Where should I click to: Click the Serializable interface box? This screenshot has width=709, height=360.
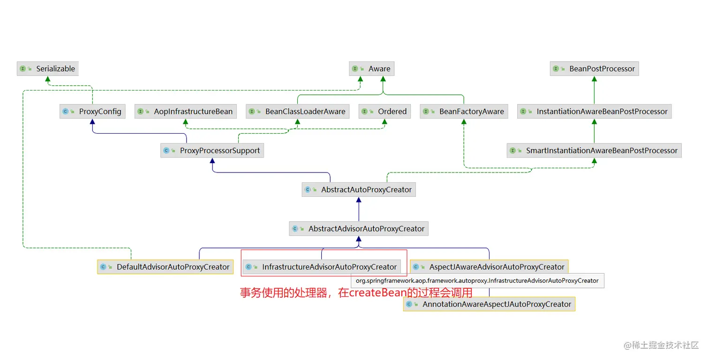click(x=47, y=69)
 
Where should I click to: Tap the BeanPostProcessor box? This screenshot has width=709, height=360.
click(x=594, y=69)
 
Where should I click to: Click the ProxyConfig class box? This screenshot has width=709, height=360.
click(x=92, y=112)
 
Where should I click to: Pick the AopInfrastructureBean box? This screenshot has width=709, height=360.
click(x=186, y=112)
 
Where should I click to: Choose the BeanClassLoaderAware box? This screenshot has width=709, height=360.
click(x=297, y=112)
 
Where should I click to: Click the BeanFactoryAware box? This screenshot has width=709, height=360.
click(x=464, y=112)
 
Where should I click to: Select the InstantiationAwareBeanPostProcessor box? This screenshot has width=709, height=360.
click(x=594, y=112)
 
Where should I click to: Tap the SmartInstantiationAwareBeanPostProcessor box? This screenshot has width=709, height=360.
click(x=594, y=151)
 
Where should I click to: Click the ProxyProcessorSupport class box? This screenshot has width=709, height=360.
click(x=212, y=151)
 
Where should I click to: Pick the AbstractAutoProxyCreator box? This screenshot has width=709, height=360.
click(x=359, y=190)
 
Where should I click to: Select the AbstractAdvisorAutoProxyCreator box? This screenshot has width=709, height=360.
click(x=359, y=229)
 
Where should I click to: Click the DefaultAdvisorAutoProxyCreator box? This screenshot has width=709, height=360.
click(x=166, y=267)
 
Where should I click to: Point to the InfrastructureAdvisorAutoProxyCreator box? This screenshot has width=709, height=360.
click(x=322, y=267)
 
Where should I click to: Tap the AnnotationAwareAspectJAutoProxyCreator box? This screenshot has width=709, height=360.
click(x=489, y=304)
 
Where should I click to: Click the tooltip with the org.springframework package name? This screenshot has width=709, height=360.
click(x=477, y=281)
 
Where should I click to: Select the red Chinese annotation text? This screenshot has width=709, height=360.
click(x=356, y=293)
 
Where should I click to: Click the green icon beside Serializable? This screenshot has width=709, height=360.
click(x=23, y=69)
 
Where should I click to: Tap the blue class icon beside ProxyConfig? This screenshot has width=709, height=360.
click(x=65, y=112)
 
